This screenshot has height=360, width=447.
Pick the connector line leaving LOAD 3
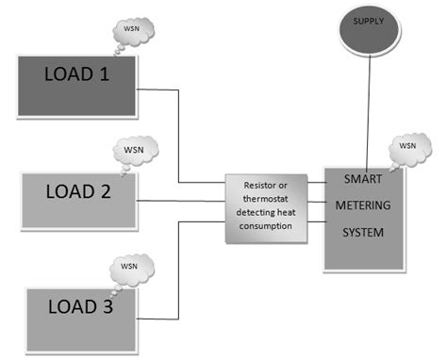coord(177,273)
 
